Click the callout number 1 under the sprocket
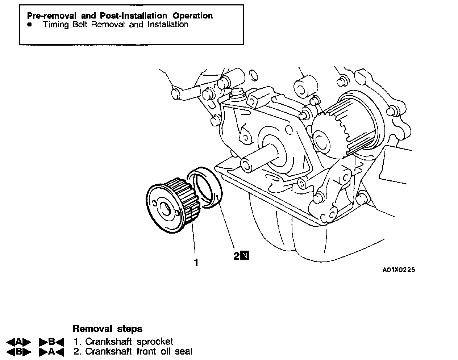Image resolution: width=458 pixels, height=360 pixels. pos(196,263)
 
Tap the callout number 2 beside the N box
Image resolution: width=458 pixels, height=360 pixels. pos(237,256)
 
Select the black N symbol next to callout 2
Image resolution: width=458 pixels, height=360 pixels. pos(245,256)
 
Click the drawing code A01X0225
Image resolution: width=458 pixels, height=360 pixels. pos(398,270)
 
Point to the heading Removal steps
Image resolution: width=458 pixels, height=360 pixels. pos(107,329)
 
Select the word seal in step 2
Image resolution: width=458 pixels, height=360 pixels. pos(183,351)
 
